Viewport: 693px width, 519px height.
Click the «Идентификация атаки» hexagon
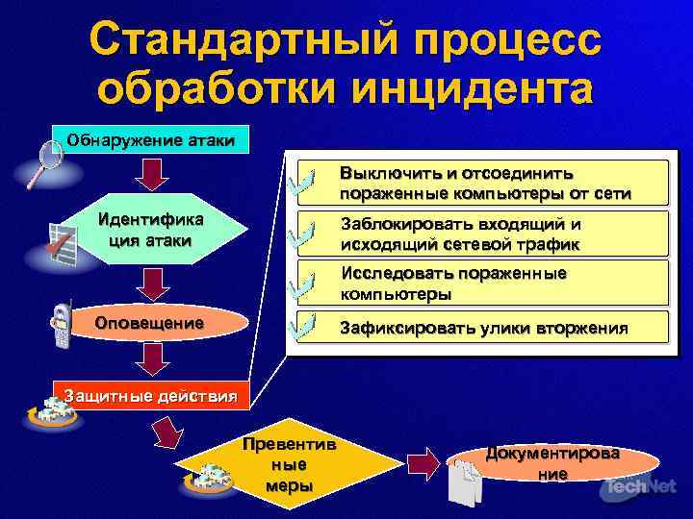[149, 231]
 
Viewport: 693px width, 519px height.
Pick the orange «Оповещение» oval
[149, 324]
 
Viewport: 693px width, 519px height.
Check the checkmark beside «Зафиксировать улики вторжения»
[307, 327]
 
